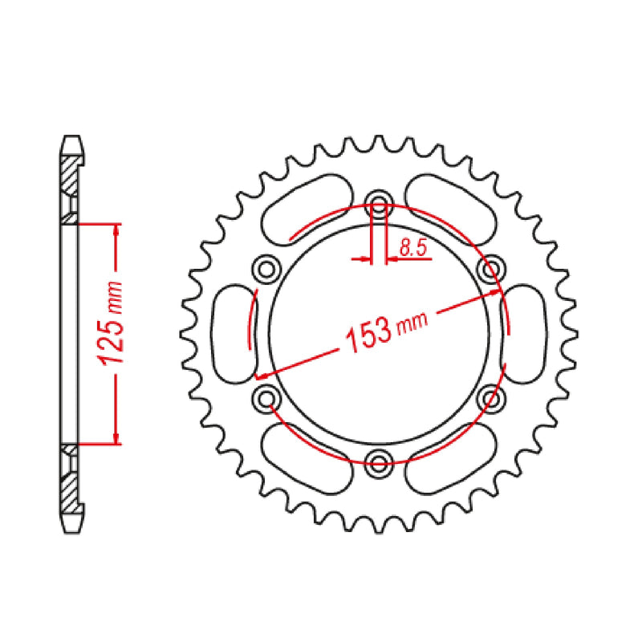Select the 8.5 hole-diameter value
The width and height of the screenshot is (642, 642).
pos(412,250)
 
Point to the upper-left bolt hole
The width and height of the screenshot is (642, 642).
pos(266,266)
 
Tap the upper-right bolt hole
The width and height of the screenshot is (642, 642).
pos(493,266)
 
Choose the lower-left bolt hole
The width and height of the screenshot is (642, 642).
pos(266,396)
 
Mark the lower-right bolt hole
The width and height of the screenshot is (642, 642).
pos(493,396)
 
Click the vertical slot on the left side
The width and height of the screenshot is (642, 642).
pos(231,331)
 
